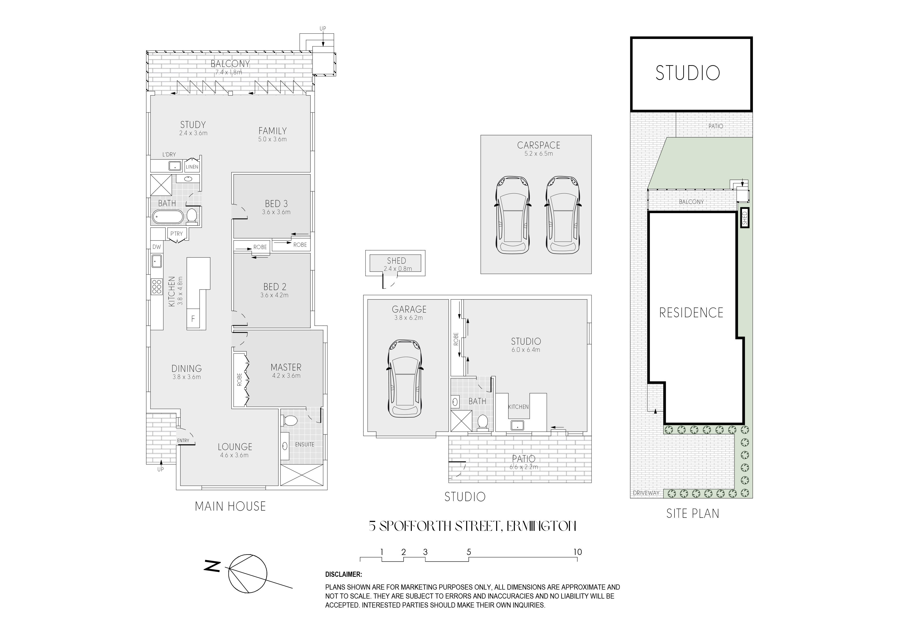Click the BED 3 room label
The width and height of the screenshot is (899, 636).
pos(276,204)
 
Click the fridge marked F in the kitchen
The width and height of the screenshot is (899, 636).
pos(193,319)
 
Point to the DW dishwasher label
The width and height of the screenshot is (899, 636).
pos(157,247)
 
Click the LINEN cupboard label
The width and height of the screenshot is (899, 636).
pos(192,167)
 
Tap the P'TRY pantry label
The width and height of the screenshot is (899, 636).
pos(176,234)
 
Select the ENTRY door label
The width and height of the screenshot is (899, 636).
pos(183,441)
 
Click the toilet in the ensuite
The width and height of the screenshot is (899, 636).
pos(290,421)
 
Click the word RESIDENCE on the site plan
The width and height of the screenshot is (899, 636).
pos(691,313)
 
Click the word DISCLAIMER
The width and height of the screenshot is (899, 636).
pos(343,574)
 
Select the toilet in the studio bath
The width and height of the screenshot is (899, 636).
pos(483,422)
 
